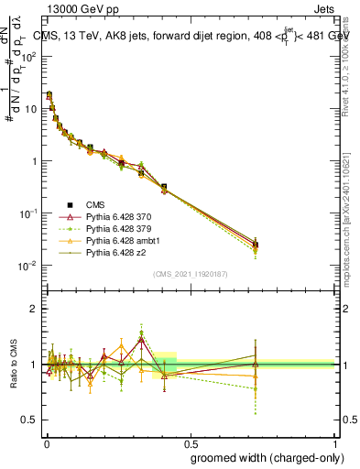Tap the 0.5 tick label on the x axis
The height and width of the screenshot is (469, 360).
189,442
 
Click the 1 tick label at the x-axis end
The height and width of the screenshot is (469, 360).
334,442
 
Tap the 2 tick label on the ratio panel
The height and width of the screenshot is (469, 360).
33,309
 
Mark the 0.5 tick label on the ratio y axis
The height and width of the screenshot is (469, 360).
28,420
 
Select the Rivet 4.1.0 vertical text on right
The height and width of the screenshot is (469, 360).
351,62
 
